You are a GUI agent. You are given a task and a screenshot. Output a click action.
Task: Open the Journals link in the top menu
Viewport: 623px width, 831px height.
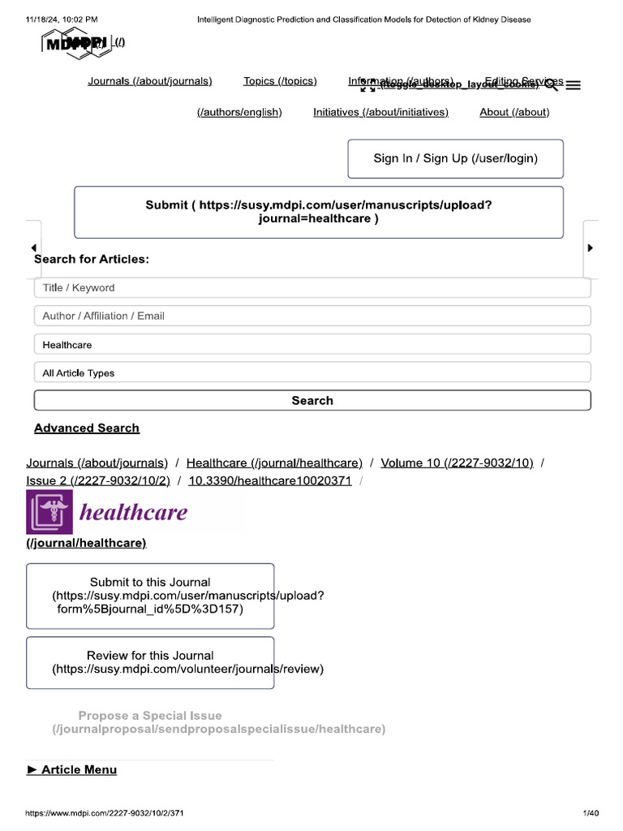150,81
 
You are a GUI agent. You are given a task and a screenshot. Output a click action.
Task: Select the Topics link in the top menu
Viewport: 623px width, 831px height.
280,81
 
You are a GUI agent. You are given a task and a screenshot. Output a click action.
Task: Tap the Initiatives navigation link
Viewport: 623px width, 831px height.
380,112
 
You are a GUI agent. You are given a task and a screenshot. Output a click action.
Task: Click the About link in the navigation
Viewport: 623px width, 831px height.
514,112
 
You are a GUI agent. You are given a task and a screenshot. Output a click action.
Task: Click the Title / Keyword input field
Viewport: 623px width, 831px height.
312,288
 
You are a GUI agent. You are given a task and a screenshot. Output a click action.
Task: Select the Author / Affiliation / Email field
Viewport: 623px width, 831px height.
312,316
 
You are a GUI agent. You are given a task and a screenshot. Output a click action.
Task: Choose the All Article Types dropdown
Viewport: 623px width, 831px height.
312,373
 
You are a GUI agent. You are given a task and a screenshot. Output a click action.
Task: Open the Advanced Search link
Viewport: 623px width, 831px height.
87,428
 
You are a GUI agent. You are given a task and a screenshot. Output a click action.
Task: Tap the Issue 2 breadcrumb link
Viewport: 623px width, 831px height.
98,480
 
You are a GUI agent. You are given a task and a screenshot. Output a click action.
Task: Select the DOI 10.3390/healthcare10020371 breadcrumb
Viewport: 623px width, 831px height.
270,480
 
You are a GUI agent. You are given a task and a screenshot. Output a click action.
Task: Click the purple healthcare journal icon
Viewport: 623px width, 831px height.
49,512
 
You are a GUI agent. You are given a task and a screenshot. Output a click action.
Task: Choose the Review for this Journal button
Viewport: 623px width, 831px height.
150,662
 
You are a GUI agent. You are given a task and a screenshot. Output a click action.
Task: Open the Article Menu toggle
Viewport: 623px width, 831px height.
72,769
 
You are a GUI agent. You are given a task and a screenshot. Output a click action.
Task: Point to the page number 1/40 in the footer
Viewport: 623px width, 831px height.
591,813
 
